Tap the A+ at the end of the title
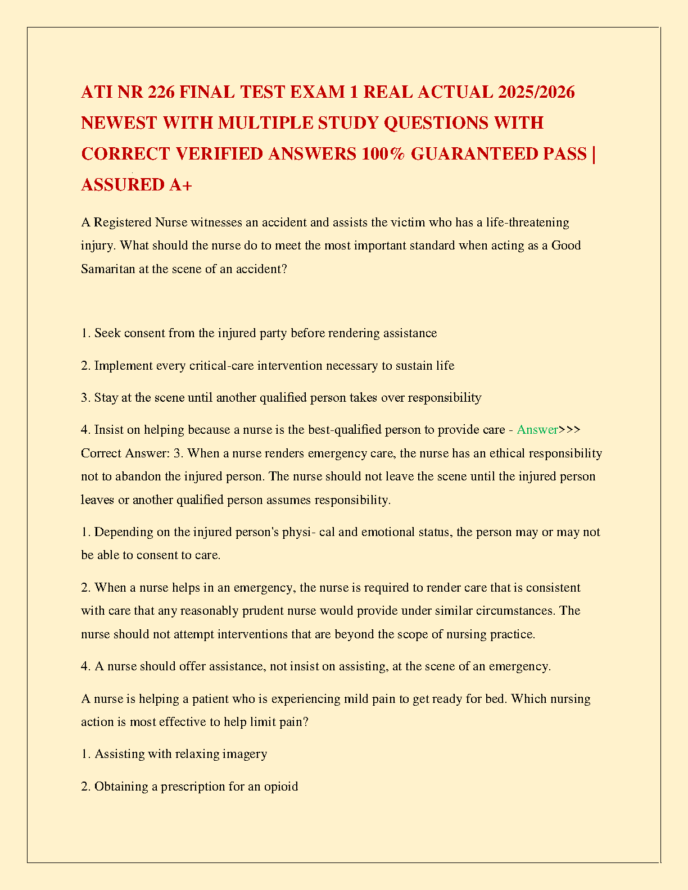[180, 184]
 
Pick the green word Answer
[537, 430]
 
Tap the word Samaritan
[108, 269]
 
